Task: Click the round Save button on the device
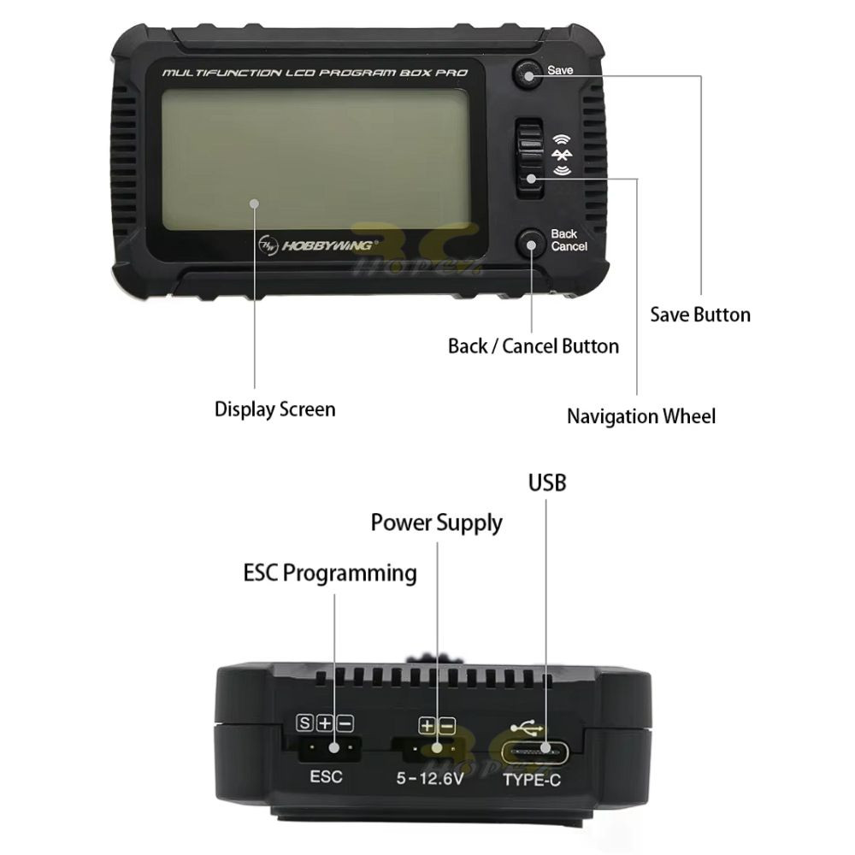[528, 73]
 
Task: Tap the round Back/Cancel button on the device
[531, 243]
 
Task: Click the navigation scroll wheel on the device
[529, 159]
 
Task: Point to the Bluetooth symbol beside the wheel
[562, 156]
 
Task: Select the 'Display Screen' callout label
[274, 410]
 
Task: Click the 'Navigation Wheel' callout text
[641, 416]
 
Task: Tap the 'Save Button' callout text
[700, 315]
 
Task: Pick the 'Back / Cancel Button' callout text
[534, 346]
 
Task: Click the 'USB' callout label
[547, 482]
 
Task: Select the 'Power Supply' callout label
[436, 523]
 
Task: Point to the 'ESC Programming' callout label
[330, 574]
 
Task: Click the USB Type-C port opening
[535, 753]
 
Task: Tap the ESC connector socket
[329, 747]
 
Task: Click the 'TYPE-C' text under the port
[532, 781]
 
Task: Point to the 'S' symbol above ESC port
[305, 723]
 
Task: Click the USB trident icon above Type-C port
[526, 728]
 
